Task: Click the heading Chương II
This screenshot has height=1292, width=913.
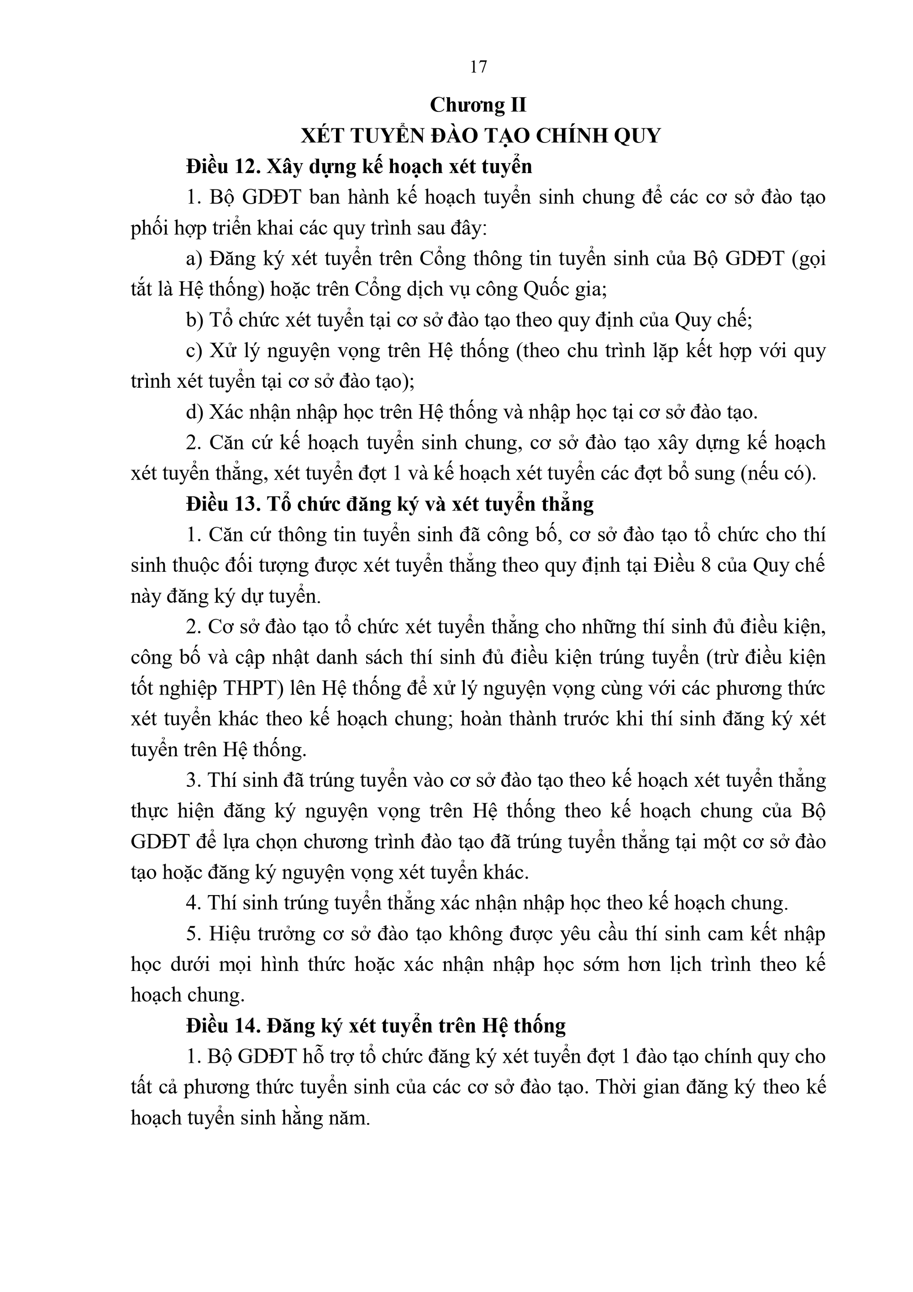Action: click(478, 105)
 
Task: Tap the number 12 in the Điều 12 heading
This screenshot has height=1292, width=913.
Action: click(247, 167)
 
